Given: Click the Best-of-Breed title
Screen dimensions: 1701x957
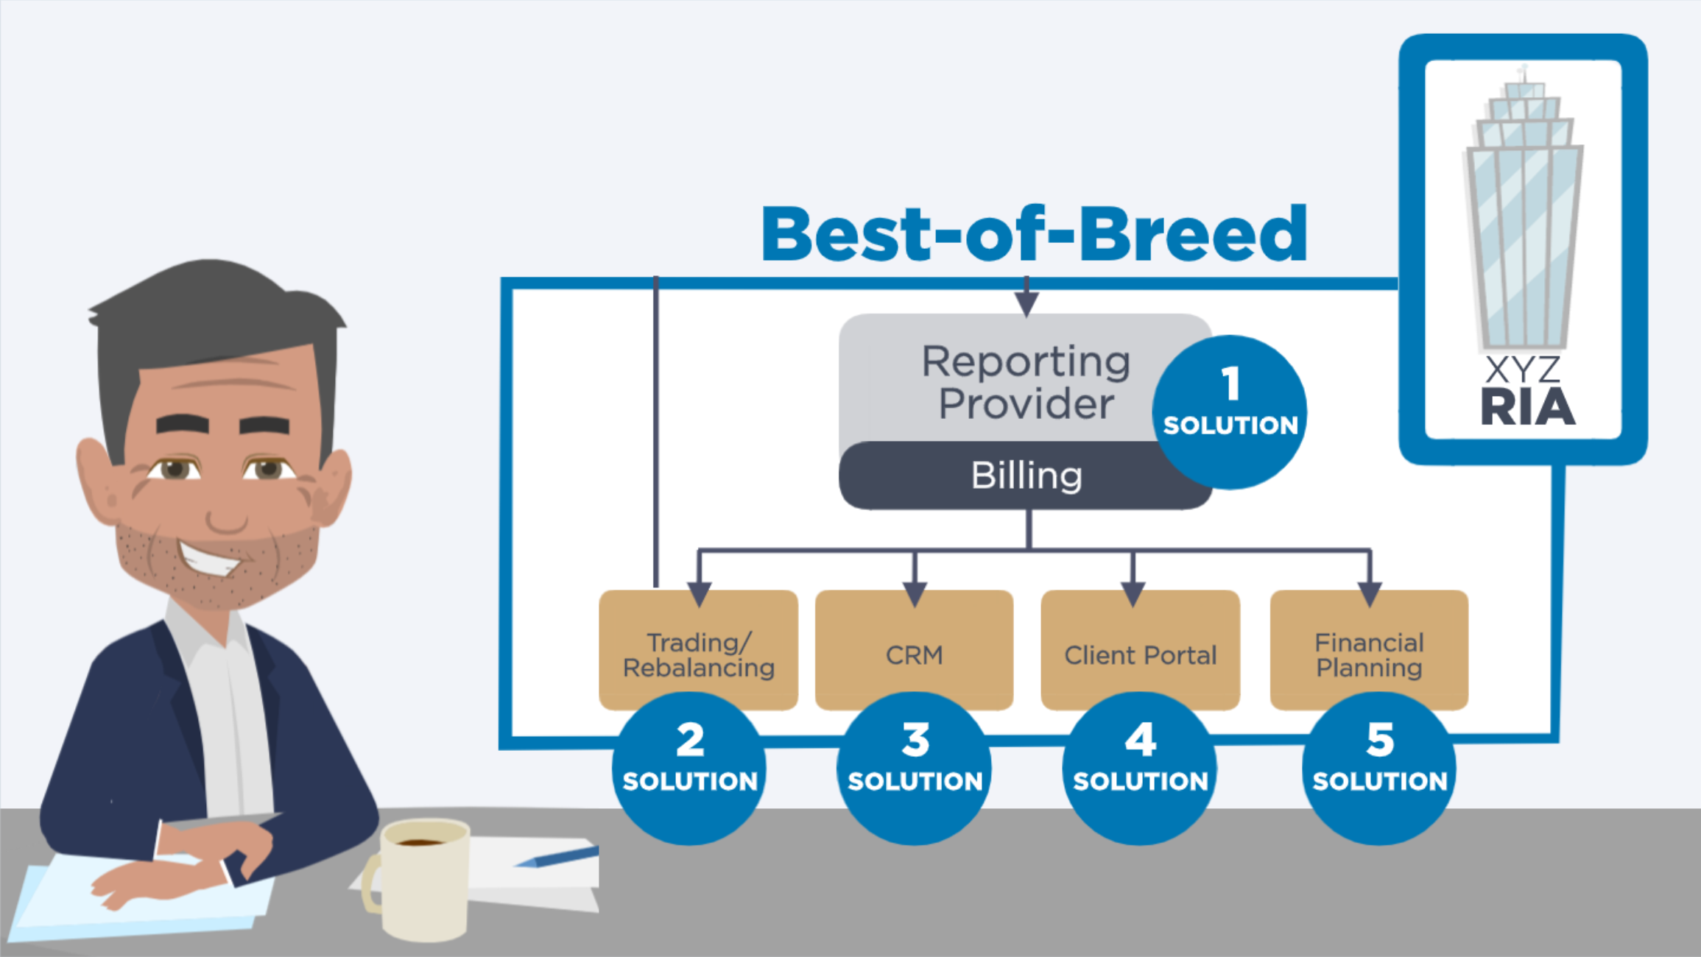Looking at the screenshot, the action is pyautogui.click(x=1034, y=234).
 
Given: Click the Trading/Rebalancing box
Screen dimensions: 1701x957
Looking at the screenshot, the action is pyautogui.click(x=698, y=649).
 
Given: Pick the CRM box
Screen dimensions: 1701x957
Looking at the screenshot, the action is pyautogui.click(x=914, y=649).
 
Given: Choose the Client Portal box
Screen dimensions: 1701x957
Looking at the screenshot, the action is pyautogui.click(x=1140, y=649).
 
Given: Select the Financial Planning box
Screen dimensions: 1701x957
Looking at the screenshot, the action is pyautogui.click(x=1369, y=649).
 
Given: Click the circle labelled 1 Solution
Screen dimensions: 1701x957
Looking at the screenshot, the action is pyautogui.click(x=1230, y=412).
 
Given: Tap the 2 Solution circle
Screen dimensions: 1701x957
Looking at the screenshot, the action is pyautogui.click(x=689, y=769).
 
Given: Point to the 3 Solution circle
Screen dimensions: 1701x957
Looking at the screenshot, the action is pyautogui.click(x=914, y=769).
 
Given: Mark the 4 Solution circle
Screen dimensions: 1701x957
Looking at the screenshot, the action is pyautogui.click(x=1140, y=769).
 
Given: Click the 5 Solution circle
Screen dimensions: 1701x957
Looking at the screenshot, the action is pyautogui.click(x=1379, y=769).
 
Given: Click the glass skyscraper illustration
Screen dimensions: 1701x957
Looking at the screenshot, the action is pyautogui.click(x=1523, y=210).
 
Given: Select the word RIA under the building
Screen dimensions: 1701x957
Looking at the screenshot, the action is pyautogui.click(x=1528, y=408).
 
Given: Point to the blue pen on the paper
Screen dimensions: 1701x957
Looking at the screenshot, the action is pyautogui.click(x=557, y=857).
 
